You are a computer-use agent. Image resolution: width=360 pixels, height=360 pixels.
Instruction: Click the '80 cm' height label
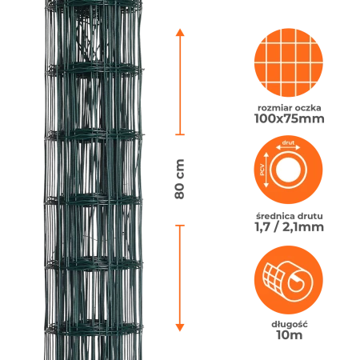pos(180,179)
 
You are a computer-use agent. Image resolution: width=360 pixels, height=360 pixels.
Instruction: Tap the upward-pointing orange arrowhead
pos(180,33)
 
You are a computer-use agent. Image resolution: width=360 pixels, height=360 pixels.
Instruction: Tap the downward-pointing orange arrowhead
pos(180,327)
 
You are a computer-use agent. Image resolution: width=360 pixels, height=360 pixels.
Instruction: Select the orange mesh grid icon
pos(289,62)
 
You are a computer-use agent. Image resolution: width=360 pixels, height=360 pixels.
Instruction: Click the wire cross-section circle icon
pos(288,170)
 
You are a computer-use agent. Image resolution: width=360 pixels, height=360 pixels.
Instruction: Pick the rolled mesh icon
pos(289,280)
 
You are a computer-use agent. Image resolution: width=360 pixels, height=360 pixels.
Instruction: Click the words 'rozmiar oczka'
pos(290,108)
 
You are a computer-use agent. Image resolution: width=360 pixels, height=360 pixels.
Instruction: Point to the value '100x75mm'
pos(290,118)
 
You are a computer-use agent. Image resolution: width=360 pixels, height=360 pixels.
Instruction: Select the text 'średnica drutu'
pos(290,216)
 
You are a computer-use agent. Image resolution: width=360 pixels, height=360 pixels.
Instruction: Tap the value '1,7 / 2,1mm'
pos(290,227)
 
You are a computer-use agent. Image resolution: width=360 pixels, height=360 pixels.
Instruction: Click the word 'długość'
pos(290,324)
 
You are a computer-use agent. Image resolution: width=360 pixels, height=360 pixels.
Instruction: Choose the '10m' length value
pos(290,335)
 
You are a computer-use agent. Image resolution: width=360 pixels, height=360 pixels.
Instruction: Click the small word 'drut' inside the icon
pos(288,142)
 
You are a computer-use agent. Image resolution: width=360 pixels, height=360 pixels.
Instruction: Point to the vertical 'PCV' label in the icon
pos(262,170)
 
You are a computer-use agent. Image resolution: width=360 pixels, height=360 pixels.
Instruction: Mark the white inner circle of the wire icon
pos(288,170)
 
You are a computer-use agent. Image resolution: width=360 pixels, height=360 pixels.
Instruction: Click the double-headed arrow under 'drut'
pos(288,147)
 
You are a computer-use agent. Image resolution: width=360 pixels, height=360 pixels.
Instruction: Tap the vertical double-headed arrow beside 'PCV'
pos(266,170)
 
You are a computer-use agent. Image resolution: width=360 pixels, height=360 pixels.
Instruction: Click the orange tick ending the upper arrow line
pos(180,134)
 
